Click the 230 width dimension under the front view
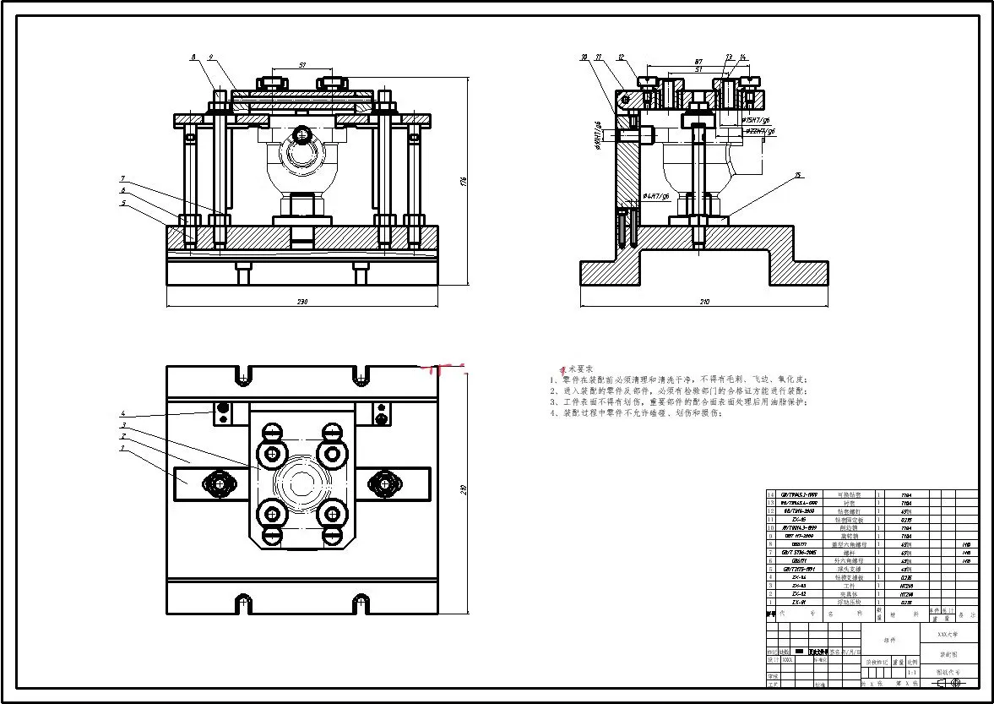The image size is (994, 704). coord(301,302)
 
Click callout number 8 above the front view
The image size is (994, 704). coord(193,57)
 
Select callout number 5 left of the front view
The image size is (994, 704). coord(122,203)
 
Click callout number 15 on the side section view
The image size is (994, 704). coord(797,176)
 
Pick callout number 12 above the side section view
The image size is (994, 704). coord(621,57)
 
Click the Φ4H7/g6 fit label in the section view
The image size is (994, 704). coord(655,196)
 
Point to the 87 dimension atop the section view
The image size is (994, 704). coord(698,62)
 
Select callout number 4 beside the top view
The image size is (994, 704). coord(122,413)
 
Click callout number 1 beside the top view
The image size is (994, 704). coord(122,448)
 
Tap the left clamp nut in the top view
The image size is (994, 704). coord(219,483)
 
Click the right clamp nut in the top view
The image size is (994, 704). coord(386,483)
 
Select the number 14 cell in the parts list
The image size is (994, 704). coord(770,494)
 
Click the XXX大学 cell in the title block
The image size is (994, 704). coord(948,633)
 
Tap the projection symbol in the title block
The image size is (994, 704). coord(948,682)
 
